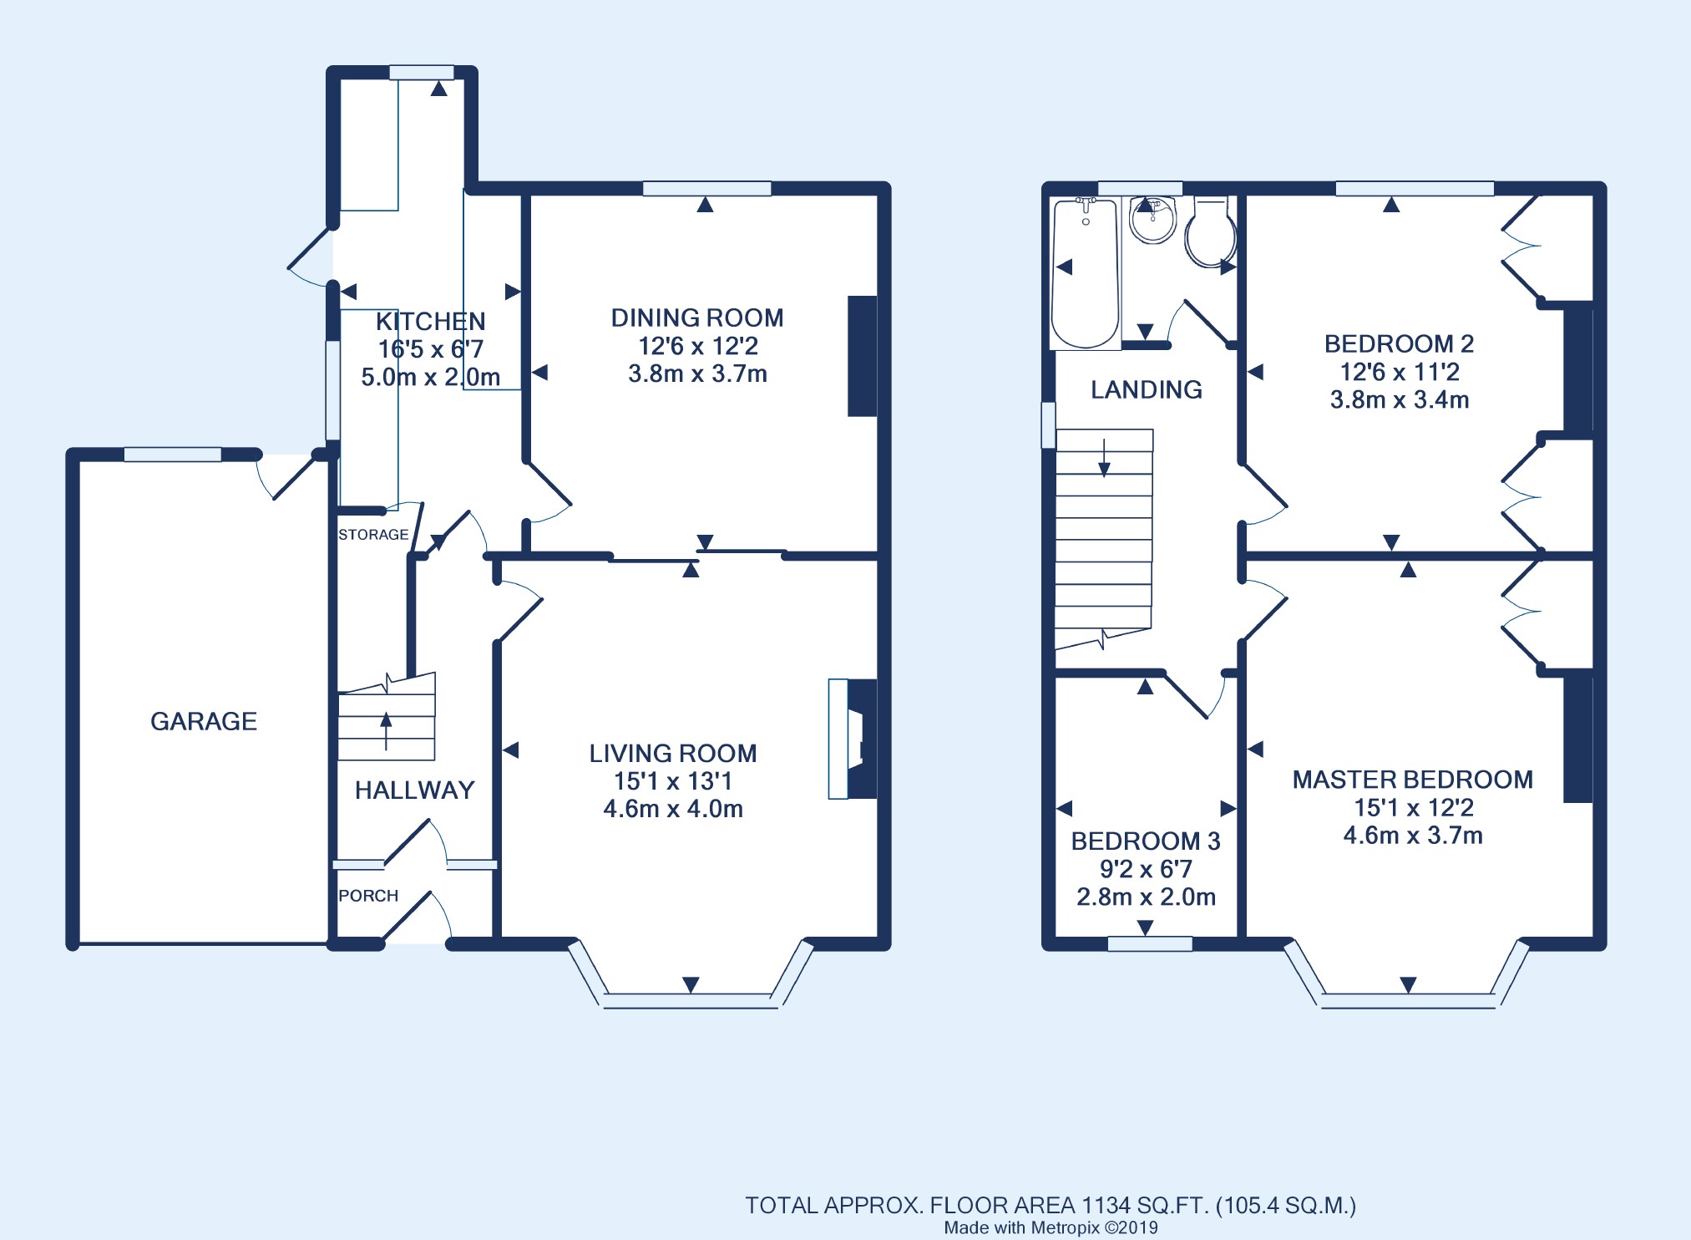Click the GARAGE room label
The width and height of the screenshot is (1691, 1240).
tap(204, 721)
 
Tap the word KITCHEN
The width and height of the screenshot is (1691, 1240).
tap(430, 322)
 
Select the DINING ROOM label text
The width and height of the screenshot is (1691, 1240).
tap(697, 318)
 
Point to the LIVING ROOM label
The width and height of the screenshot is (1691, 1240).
tap(673, 753)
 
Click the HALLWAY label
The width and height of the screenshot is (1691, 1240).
tap(415, 790)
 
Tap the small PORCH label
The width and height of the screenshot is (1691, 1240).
tap(368, 896)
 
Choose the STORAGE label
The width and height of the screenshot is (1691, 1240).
tap(373, 535)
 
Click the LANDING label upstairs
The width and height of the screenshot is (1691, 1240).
tap(1147, 389)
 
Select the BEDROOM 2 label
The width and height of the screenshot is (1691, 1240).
tap(1400, 343)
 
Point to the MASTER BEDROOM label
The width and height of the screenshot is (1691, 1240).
tap(1413, 780)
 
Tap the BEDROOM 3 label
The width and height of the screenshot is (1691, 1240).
tap(1146, 841)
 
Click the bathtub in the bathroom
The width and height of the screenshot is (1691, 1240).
tap(1085, 272)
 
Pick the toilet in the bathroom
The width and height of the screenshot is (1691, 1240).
tap(1211, 232)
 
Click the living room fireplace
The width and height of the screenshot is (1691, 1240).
tap(853, 739)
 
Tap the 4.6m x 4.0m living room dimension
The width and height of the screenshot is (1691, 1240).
tap(673, 809)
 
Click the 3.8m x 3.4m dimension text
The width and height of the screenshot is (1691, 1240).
tap(1400, 399)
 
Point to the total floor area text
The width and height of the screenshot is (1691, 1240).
tap(1051, 1206)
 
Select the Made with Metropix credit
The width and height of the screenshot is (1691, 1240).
tap(1051, 1228)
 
